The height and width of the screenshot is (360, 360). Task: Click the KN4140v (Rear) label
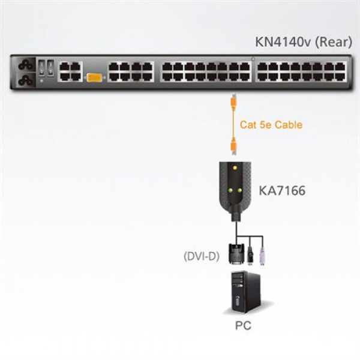[x=304, y=42]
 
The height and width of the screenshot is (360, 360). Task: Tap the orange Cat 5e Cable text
[x=271, y=125]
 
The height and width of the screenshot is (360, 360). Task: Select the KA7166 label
[x=282, y=191]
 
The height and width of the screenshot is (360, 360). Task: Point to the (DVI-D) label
[x=202, y=256]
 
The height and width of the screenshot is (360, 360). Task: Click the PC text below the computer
[x=243, y=326]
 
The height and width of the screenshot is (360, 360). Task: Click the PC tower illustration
[x=245, y=292]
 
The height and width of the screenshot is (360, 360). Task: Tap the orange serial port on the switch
[x=95, y=77]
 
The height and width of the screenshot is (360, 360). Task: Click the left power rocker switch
[x=41, y=67]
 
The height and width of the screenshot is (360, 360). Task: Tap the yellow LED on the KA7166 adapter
[x=235, y=167]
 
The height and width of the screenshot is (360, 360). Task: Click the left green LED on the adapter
[x=229, y=190]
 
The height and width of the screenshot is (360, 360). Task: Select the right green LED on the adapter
[x=239, y=190]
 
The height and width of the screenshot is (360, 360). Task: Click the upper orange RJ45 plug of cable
[x=233, y=100]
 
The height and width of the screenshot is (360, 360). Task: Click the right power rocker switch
[x=50, y=67]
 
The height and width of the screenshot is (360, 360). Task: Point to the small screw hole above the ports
[x=253, y=59]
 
